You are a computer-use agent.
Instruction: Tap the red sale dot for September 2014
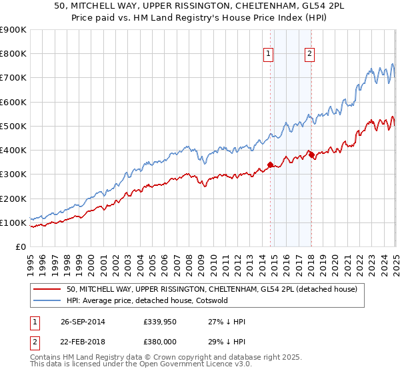(270, 165)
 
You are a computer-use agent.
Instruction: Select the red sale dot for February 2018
(311, 155)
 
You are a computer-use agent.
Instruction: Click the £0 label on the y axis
(21, 247)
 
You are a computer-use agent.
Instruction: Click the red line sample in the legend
(47, 289)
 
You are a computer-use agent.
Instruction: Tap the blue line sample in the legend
(47, 300)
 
